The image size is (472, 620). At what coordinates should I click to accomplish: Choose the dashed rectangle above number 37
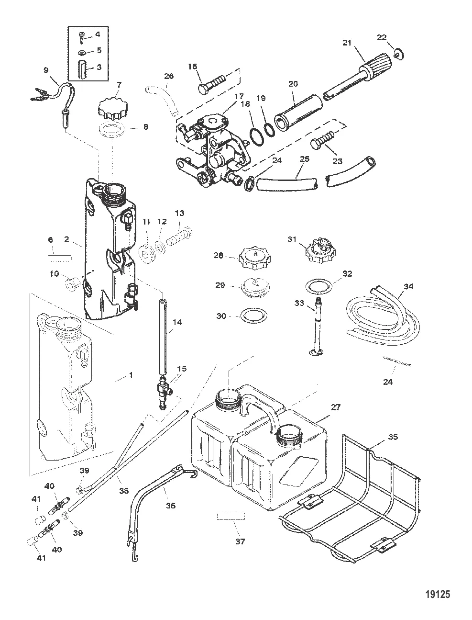(x=231, y=516)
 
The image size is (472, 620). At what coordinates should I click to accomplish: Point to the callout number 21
(x=347, y=43)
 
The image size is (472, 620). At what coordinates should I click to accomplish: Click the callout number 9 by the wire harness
(x=46, y=70)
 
